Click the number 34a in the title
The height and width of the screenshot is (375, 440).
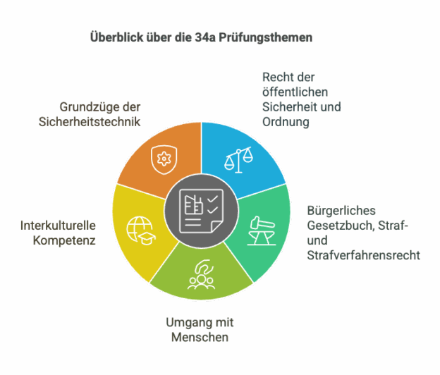click(205, 37)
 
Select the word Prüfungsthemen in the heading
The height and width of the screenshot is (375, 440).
click(265, 38)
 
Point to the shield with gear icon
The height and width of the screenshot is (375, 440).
click(164, 159)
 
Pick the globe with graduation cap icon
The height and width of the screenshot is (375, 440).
click(140, 230)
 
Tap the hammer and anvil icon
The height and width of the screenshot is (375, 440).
click(262, 230)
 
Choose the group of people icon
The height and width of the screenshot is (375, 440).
click(201, 275)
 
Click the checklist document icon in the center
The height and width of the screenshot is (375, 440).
click(201, 211)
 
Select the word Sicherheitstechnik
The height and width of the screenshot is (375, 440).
click(90, 122)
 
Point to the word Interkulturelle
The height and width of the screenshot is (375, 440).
click(58, 226)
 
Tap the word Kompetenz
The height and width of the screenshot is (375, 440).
click(64, 240)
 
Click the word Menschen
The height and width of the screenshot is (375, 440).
click(200, 337)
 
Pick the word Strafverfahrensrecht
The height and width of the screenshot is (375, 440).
click(363, 255)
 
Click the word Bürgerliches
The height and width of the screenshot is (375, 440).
click(341, 211)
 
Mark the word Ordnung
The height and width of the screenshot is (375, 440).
click(286, 122)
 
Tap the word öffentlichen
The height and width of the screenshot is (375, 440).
click(295, 92)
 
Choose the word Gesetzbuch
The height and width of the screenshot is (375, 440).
click(341, 226)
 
